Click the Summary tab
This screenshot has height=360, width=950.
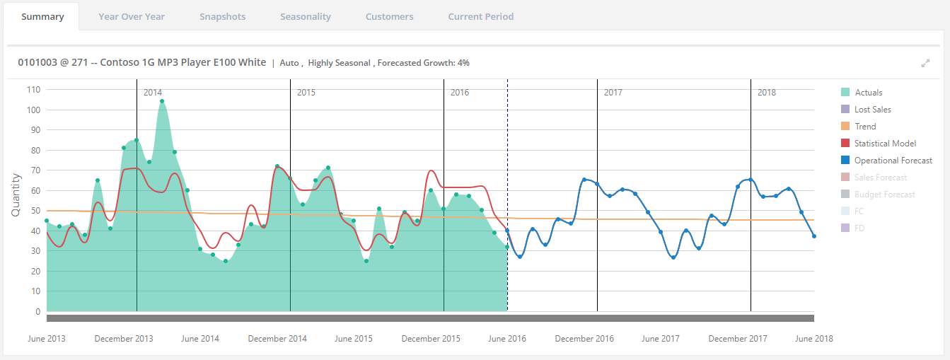point(42,16)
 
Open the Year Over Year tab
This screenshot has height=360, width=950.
point(132,16)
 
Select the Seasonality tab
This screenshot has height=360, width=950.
point(306,16)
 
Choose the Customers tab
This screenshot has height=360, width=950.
point(389,16)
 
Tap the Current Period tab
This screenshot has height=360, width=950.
point(480,16)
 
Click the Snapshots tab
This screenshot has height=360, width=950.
point(222,16)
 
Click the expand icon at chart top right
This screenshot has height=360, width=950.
point(925,63)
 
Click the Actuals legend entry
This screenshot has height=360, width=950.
point(862,93)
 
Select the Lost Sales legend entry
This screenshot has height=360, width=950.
point(866,110)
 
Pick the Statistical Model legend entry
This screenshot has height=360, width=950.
point(879,144)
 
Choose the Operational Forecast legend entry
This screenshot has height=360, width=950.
point(886,161)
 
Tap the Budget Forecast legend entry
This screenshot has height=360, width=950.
point(878,194)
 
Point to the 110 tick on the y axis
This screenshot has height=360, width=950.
point(33,90)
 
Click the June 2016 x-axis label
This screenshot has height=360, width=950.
point(506,338)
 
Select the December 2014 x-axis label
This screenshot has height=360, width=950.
point(277,338)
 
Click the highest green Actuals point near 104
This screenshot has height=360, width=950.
point(162,101)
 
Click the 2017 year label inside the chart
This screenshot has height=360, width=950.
point(613,93)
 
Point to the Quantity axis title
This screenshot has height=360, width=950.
point(16,194)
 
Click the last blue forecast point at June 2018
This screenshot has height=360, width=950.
point(814,236)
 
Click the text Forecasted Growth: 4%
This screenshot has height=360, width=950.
point(423,63)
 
